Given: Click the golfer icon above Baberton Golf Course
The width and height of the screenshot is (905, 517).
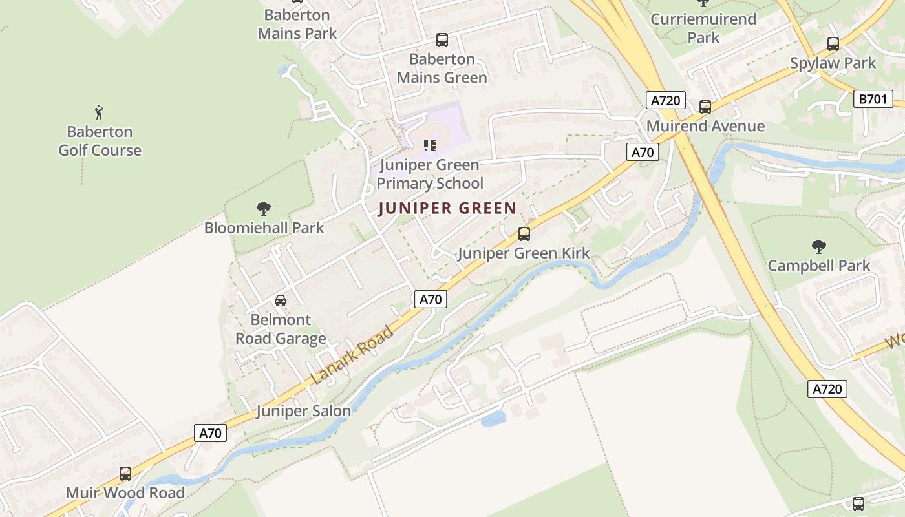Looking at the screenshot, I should [99, 112].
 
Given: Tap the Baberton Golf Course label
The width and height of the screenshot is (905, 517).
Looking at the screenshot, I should [100, 141].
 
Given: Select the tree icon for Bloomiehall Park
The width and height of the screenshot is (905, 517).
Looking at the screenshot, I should [263, 209].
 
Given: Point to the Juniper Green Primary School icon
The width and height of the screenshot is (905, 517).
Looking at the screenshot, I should [430, 145].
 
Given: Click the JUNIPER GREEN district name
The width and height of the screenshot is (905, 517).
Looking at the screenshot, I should [447, 208].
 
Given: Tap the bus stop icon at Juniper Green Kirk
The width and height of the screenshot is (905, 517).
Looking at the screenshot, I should [524, 234].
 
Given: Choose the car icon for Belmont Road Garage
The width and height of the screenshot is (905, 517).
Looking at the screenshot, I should [281, 301].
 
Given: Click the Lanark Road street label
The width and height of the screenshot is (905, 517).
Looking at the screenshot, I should [352, 355].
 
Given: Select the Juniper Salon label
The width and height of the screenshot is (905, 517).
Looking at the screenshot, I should [303, 411].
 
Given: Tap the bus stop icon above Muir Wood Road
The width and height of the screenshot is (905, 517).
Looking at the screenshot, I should [125, 474].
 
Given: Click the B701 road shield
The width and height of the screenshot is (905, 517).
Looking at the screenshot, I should [873, 99].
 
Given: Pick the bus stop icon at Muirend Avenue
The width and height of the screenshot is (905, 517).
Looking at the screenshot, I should [705, 107].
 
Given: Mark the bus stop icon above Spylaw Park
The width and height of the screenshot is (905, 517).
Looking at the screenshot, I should [833, 44].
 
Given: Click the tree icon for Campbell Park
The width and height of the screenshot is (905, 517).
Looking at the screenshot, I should [818, 246].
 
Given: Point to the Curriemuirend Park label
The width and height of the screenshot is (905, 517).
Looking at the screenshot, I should [703, 28].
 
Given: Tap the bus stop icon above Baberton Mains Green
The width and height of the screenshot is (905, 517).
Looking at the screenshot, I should [442, 40].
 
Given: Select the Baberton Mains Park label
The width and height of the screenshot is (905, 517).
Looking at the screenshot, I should [297, 24].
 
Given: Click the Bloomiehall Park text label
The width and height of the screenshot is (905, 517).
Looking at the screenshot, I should [264, 227].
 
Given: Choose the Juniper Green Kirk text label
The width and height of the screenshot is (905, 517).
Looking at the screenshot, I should [524, 253].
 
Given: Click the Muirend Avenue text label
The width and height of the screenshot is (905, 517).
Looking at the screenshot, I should [705, 126].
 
